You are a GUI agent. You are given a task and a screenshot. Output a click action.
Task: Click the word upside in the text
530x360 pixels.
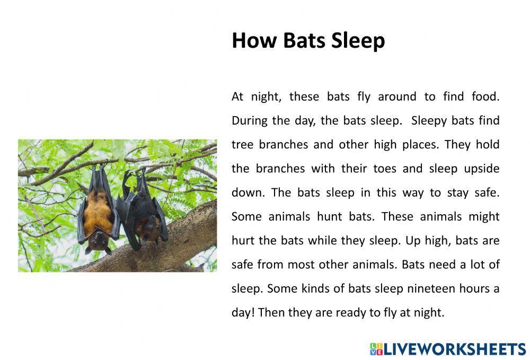(482, 169)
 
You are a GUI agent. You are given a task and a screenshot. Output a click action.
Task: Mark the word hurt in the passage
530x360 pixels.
(243, 240)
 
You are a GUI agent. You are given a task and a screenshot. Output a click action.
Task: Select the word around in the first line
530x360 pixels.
(397, 96)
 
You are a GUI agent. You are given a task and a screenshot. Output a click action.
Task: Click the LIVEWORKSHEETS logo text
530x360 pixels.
(455, 349)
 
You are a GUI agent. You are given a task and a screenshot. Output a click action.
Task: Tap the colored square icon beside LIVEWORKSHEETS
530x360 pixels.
(376, 349)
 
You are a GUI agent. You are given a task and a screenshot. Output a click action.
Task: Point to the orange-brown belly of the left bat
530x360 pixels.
(98, 211)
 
